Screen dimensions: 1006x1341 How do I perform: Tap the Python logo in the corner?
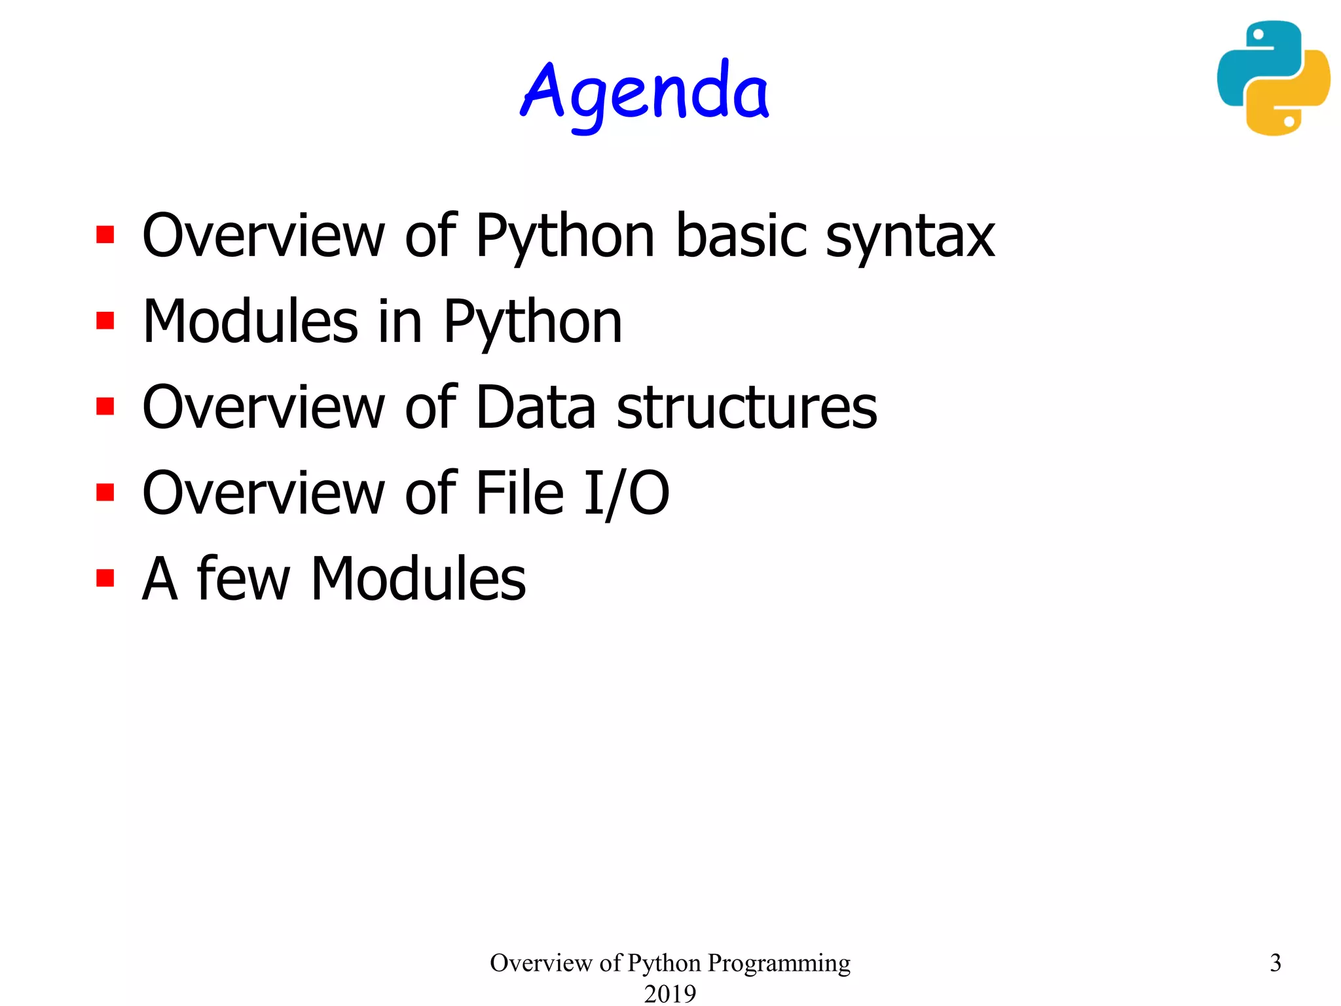[1273, 78]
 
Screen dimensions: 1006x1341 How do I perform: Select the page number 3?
[1276, 963]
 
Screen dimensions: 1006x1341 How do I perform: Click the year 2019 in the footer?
[670, 993]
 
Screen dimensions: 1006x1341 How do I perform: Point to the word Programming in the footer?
[779, 963]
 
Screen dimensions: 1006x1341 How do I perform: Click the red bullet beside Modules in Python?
[105, 320]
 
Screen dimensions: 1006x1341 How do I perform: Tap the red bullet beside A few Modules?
[105, 578]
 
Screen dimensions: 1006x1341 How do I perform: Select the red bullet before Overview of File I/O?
[105, 492]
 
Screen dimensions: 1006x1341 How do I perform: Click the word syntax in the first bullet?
[910, 237]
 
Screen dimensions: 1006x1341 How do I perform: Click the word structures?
[746, 407]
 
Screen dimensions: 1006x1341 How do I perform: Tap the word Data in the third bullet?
[536, 407]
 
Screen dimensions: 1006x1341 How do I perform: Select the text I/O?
[626, 493]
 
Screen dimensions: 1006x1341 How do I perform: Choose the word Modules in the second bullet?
[250, 322]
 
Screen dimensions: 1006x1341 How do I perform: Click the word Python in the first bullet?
[564, 237]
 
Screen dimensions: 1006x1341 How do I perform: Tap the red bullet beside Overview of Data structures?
[105, 406]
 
